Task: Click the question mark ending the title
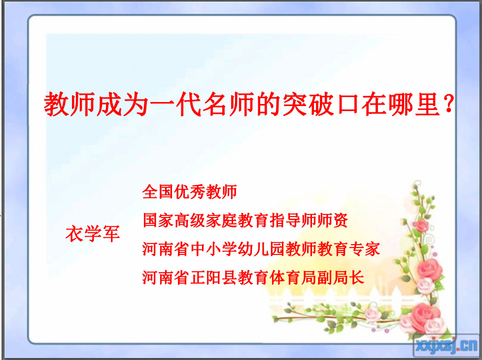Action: click(449, 104)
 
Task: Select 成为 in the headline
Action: click(123, 105)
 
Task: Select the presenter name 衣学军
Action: click(93, 234)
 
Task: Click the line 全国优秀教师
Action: click(190, 192)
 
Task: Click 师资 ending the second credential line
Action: click(332, 220)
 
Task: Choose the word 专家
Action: click(364, 249)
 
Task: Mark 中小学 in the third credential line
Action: click(213, 249)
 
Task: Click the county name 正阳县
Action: click(213, 278)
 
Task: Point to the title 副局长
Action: click(341, 278)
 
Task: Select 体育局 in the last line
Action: click(293, 278)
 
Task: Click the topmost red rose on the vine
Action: click(422, 226)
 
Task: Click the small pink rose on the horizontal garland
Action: click(373, 313)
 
